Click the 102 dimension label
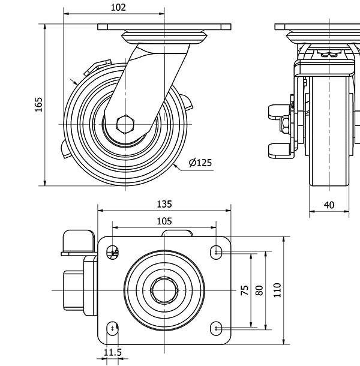point(119,7)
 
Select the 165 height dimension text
point(38,104)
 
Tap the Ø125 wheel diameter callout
point(200,163)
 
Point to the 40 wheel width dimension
point(329,204)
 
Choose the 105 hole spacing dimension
point(164,221)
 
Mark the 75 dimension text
point(244,290)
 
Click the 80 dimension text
point(259,290)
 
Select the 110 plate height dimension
point(277,290)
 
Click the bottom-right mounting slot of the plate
point(216,328)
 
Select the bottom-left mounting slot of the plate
point(113,328)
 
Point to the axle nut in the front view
point(284,124)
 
